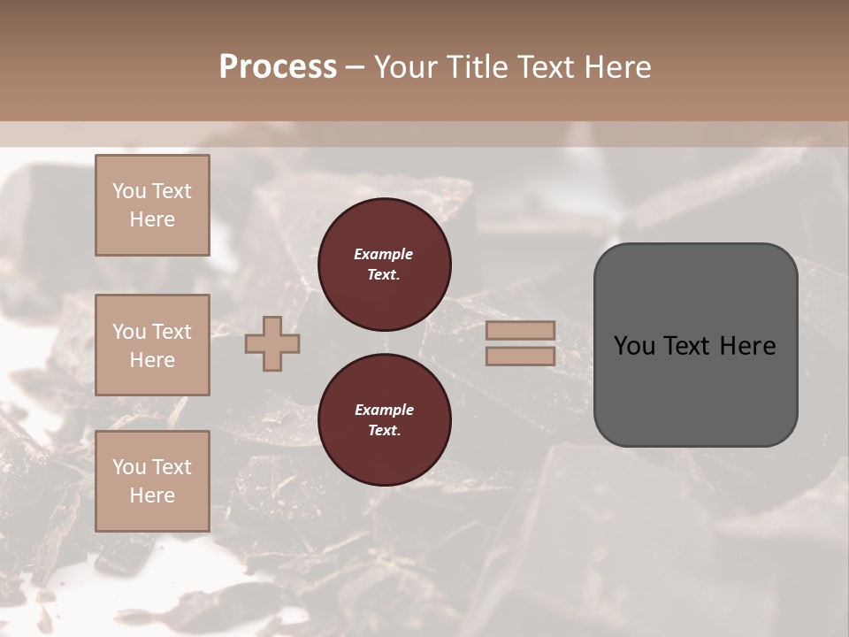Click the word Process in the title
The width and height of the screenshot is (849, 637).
click(278, 67)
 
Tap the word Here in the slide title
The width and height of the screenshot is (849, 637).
click(616, 67)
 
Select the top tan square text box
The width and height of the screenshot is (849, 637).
click(152, 205)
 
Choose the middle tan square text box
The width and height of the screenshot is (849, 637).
click(152, 345)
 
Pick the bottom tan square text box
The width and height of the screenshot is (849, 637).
click(152, 480)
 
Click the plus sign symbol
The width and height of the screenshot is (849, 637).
click(272, 343)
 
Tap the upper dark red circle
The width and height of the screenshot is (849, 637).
click(384, 264)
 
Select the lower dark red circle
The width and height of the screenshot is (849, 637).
click(384, 419)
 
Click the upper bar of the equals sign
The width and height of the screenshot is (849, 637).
click(520, 330)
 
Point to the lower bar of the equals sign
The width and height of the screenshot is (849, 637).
click(520, 356)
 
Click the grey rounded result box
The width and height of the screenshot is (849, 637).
click(695, 389)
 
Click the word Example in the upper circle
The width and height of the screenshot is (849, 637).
click(383, 254)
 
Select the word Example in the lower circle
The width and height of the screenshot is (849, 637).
click(384, 410)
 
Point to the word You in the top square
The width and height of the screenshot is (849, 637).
click(128, 191)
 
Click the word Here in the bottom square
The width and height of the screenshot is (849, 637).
click(152, 495)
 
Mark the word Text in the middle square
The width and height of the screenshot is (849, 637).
click(171, 332)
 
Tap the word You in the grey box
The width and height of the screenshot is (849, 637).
click(633, 346)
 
